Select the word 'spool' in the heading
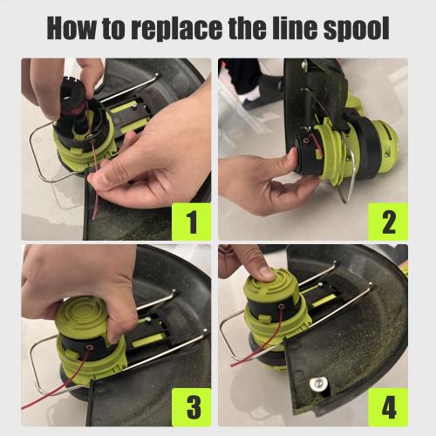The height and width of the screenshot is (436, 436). (357, 29)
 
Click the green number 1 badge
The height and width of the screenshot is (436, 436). (192, 221)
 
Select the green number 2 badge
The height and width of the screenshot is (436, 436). (388, 221)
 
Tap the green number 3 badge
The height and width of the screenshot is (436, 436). (192, 407)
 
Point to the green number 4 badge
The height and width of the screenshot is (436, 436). (388, 407)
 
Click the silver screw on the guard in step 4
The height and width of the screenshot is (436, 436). (318, 384)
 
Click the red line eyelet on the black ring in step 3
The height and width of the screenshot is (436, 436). (87, 347)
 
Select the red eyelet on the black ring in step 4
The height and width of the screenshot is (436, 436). (281, 306)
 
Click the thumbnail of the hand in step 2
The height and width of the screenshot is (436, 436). (293, 156)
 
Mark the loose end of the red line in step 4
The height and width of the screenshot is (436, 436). (232, 364)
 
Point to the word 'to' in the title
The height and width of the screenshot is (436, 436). (113, 29)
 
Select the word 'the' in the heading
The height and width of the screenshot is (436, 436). (249, 28)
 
